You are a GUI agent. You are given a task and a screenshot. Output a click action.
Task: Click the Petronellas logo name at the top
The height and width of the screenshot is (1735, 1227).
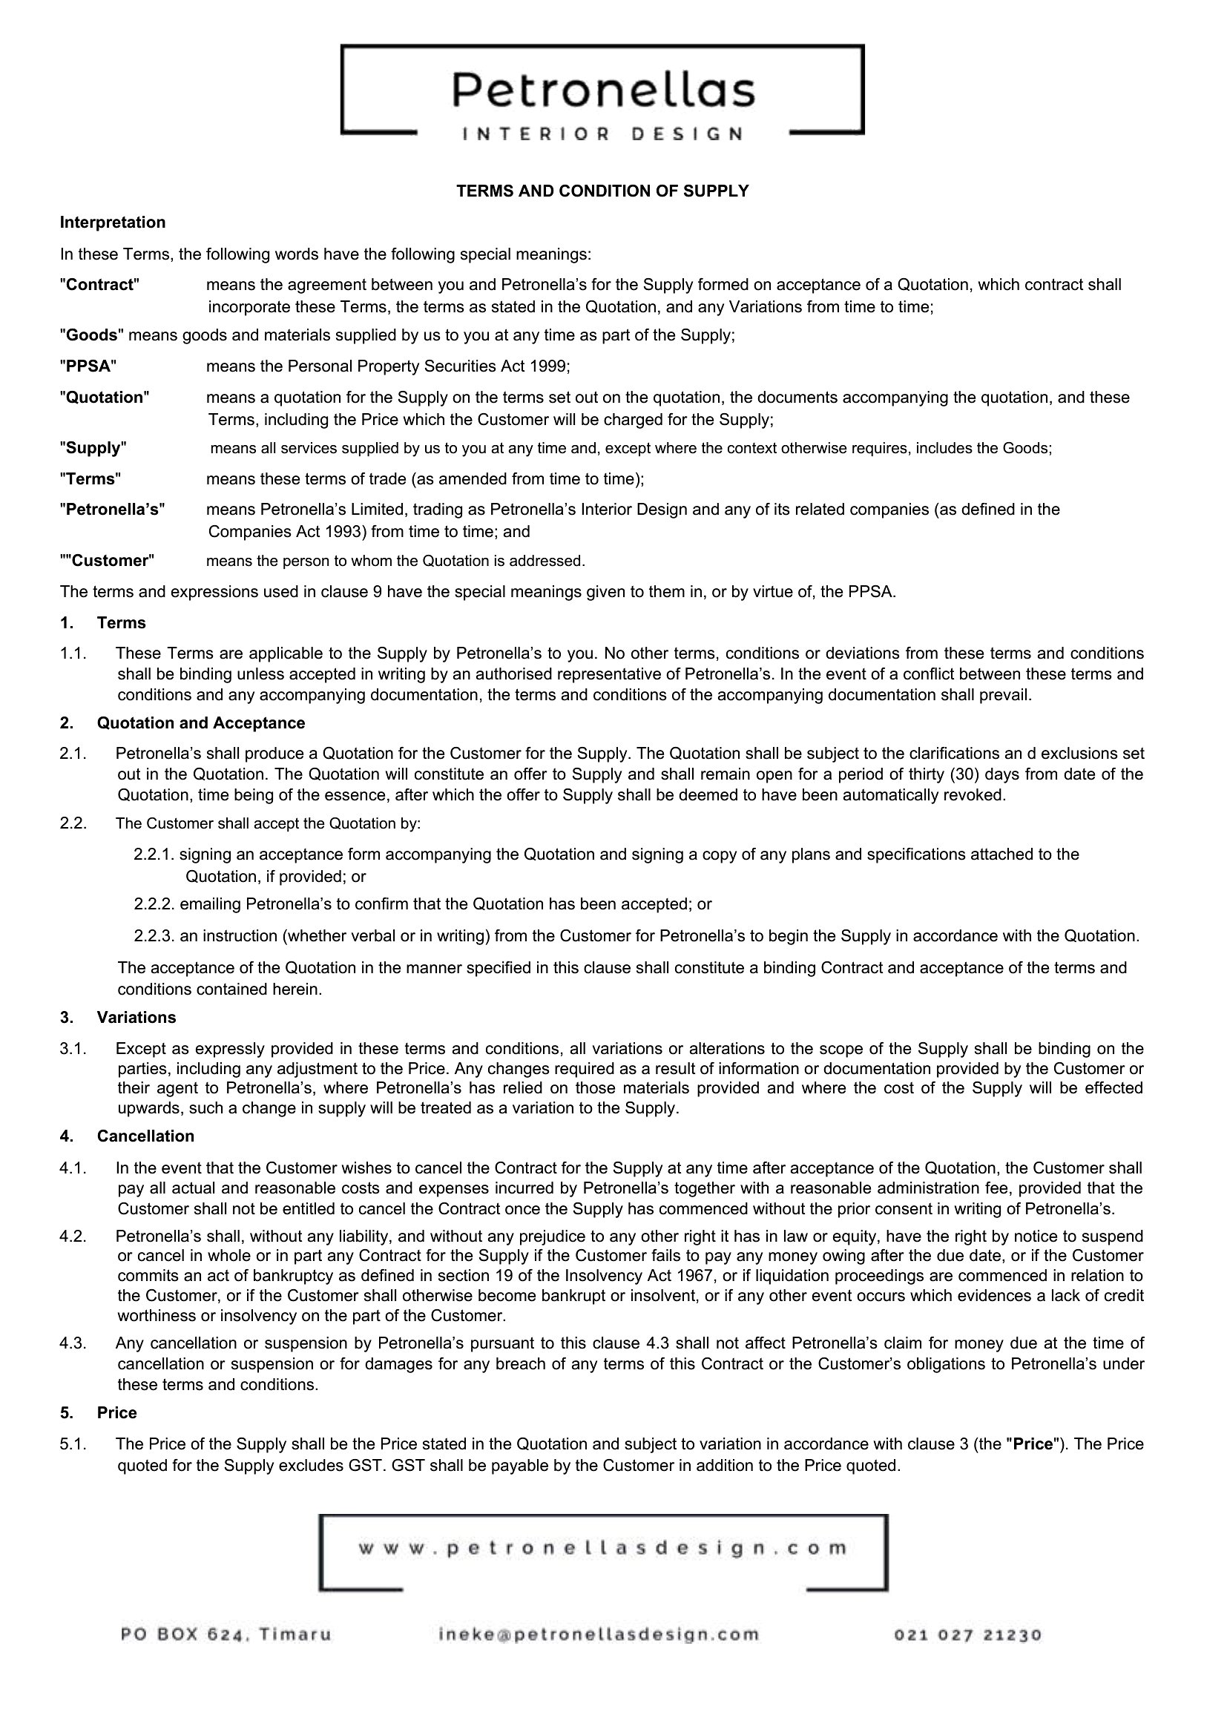point(603,90)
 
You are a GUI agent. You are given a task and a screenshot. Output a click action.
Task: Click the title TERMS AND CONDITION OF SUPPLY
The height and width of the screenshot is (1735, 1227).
point(602,191)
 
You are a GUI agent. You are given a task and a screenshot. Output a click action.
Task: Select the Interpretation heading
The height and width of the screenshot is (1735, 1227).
point(113,223)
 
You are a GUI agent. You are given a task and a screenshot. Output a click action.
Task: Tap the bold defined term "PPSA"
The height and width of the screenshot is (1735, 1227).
point(88,366)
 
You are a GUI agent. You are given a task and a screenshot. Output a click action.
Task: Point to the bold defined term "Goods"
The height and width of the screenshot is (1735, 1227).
point(92,335)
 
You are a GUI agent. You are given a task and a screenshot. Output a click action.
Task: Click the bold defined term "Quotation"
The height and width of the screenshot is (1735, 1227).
point(105,398)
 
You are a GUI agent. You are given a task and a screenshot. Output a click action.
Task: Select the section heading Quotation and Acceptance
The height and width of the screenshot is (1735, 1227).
point(200,723)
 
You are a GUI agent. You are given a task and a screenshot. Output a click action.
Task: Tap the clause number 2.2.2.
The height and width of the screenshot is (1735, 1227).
point(154,904)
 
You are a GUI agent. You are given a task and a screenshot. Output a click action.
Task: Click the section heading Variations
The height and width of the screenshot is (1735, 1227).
point(136,1017)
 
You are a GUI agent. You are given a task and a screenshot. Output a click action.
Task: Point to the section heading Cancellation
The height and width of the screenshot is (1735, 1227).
point(145,1136)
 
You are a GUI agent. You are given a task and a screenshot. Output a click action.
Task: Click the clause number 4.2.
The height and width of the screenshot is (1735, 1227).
point(73,1237)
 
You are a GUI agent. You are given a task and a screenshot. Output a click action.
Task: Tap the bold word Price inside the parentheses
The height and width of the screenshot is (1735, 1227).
point(1033,1444)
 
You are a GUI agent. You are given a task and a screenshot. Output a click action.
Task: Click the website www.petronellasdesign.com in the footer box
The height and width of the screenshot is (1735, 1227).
point(602,1548)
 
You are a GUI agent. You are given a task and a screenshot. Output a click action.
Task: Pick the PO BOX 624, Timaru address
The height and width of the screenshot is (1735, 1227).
point(226,1636)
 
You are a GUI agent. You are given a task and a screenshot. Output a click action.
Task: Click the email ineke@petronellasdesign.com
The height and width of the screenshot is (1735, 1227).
point(599,1636)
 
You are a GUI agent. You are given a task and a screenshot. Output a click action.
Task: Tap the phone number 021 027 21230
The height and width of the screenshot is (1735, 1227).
point(968,1636)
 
